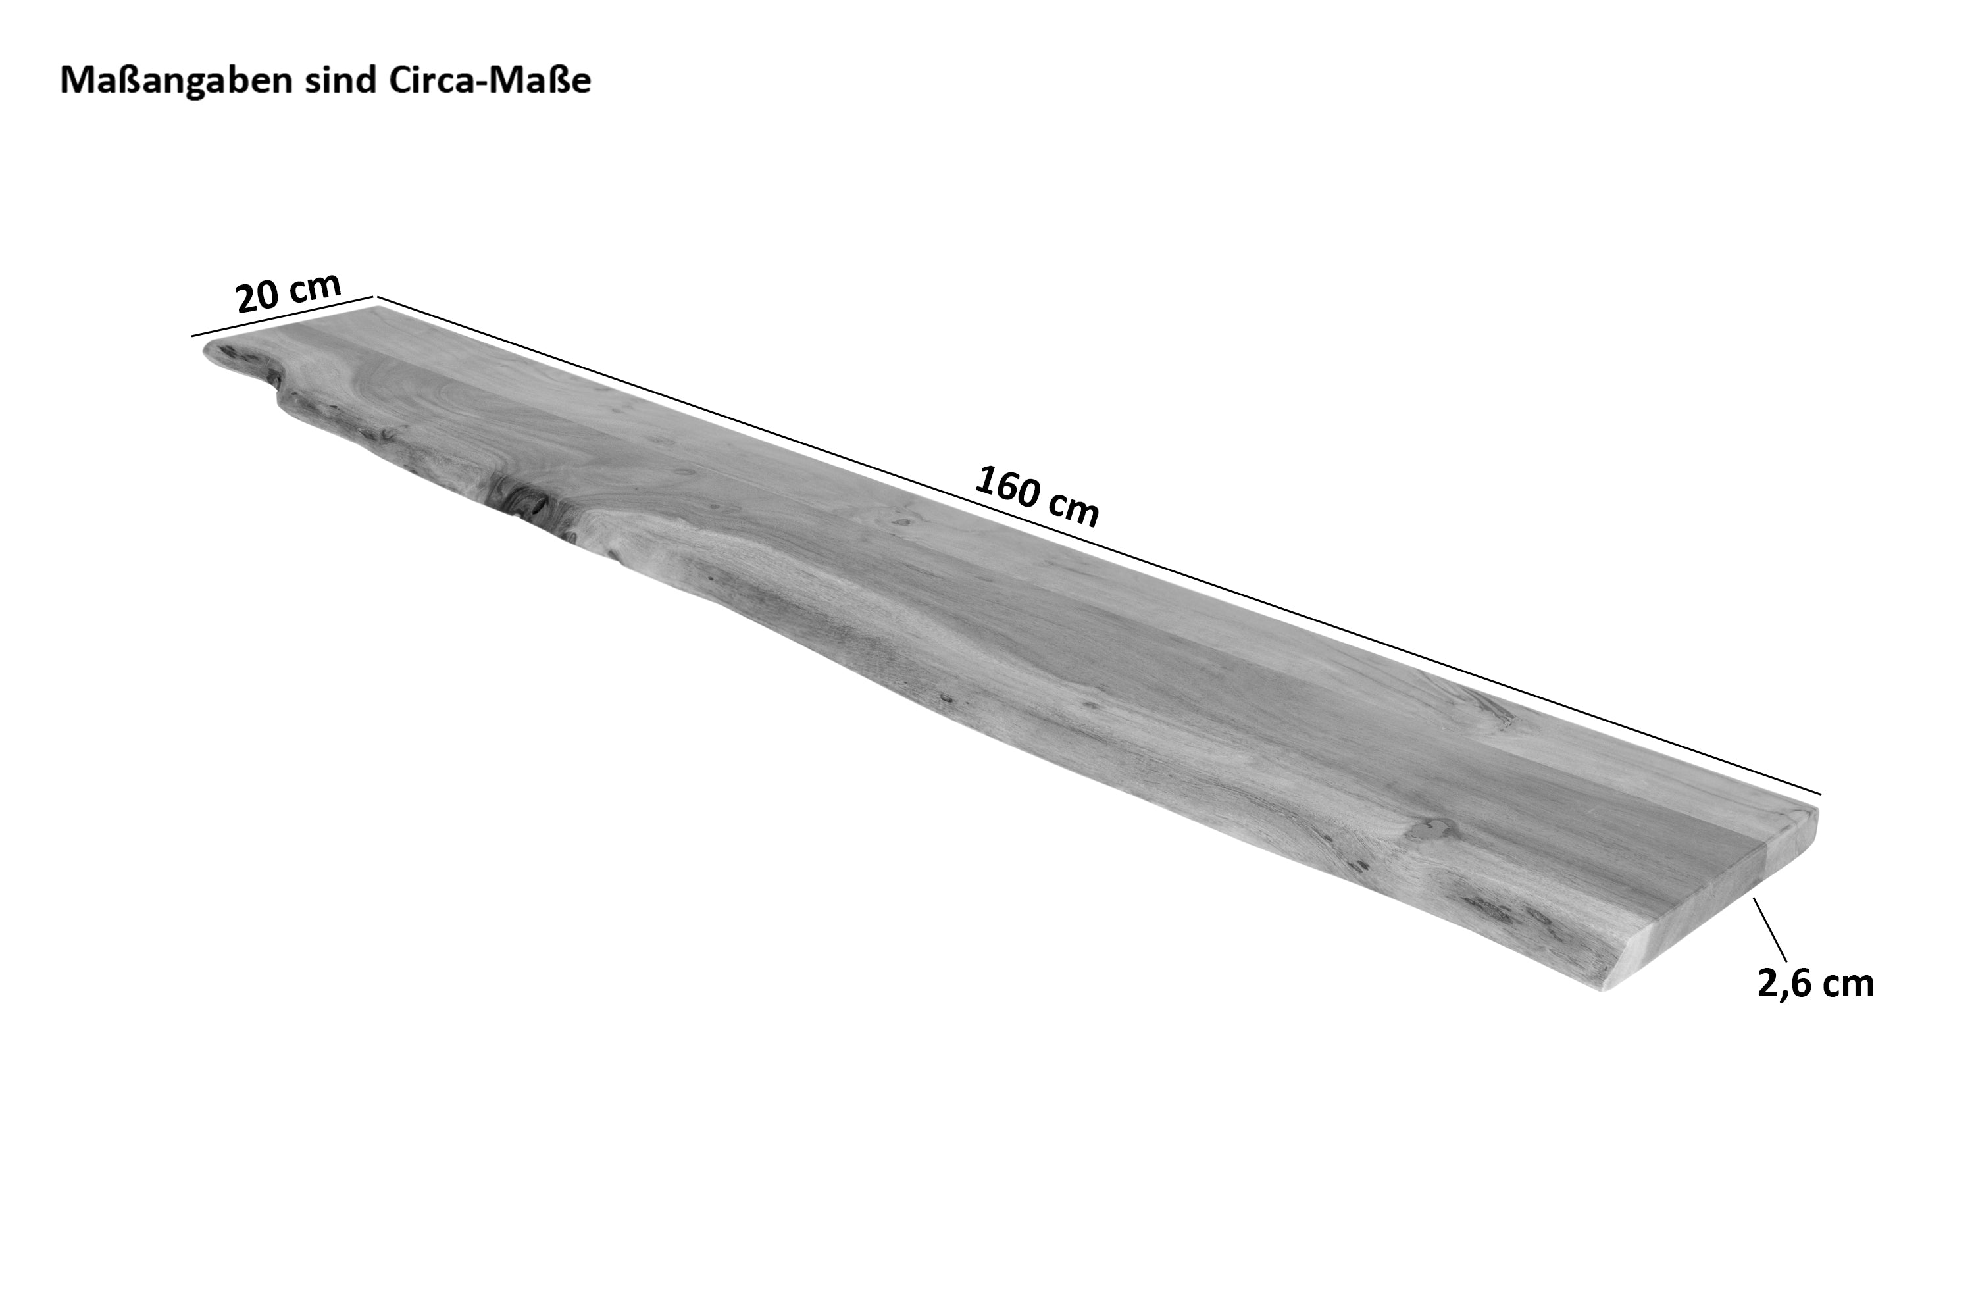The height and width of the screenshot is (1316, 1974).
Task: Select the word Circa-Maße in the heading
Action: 490,80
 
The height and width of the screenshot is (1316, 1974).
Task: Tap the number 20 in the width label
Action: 258,298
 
